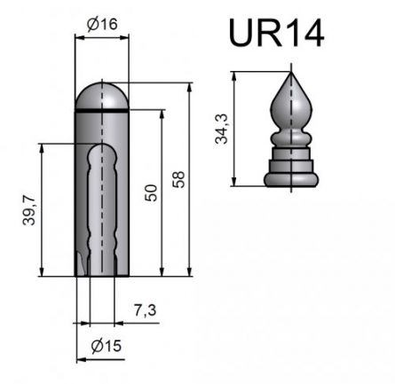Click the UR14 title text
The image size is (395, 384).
[275, 32]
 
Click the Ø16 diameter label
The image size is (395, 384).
[104, 26]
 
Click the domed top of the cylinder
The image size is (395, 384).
[102, 93]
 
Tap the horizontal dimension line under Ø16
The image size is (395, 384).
[102, 38]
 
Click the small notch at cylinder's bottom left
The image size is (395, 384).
[81, 265]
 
